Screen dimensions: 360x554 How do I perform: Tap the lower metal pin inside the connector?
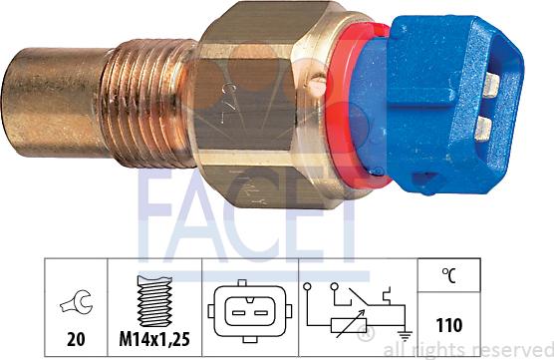click(x=485, y=127)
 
